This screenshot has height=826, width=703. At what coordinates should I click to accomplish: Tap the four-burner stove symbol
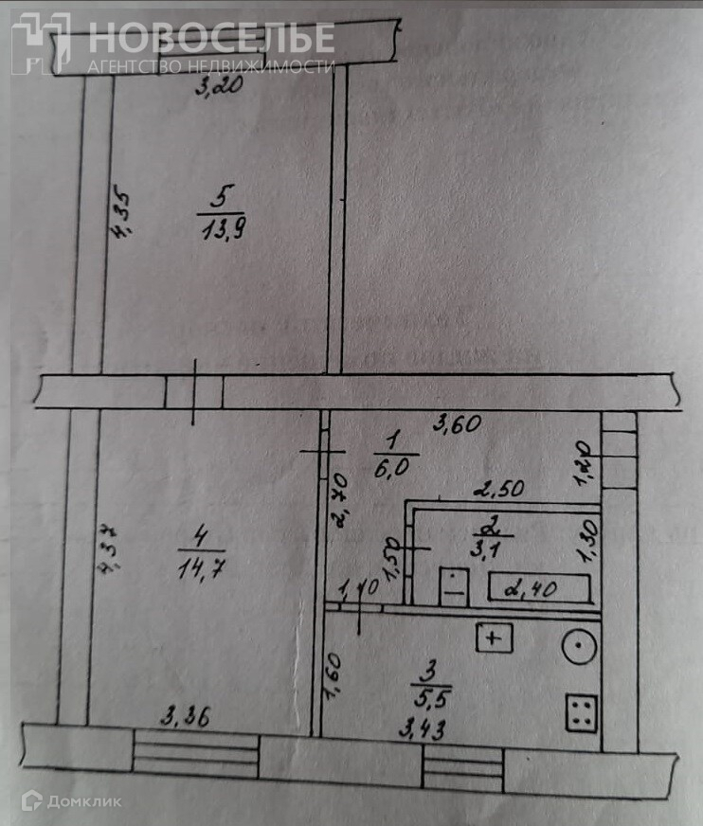(x=581, y=712)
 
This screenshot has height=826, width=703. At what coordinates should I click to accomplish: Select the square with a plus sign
(x=493, y=638)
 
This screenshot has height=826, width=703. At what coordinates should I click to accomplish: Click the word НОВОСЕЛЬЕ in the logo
(x=211, y=38)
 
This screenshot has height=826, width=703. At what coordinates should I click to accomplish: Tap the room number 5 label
(x=220, y=197)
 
